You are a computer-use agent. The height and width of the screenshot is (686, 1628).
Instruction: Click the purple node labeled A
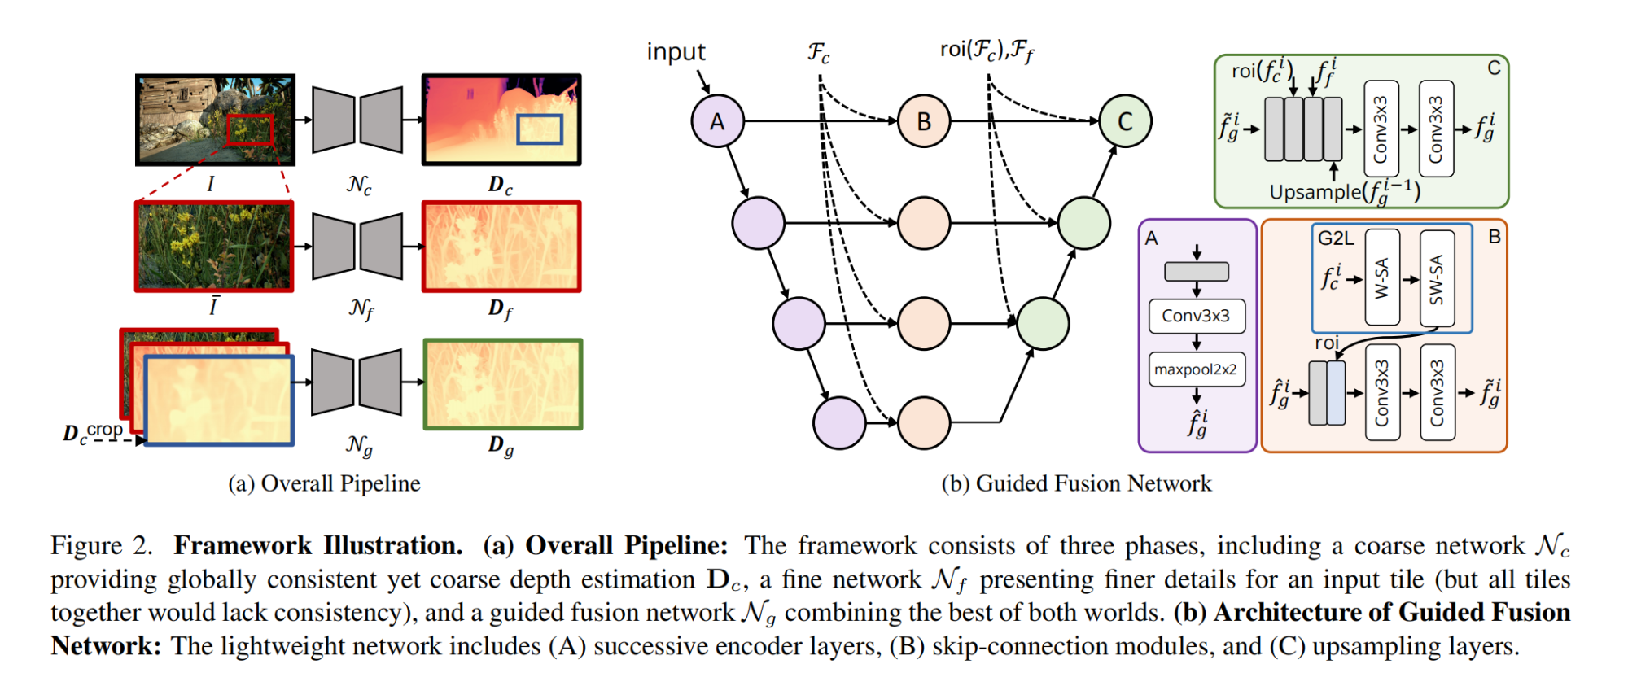[x=717, y=121]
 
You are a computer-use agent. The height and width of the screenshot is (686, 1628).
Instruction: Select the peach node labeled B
[x=924, y=121]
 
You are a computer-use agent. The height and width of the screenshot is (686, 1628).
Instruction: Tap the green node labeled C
[x=1125, y=121]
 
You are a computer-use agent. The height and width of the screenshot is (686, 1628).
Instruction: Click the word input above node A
[x=676, y=52]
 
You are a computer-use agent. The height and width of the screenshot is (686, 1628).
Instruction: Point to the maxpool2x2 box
[x=1197, y=369]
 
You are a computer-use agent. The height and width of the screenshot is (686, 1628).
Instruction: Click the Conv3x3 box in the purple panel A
[x=1197, y=316]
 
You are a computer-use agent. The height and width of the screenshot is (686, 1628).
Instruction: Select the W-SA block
[x=1382, y=277]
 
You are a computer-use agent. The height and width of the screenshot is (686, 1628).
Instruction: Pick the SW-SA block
[x=1437, y=277]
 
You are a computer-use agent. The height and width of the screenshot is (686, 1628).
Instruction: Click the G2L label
[x=1336, y=238]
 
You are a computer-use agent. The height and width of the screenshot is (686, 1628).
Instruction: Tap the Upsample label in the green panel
[x=1315, y=192]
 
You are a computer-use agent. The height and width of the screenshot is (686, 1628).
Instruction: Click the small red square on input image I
[x=250, y=130]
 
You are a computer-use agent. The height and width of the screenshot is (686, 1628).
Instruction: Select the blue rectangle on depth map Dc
[x=540, y=129]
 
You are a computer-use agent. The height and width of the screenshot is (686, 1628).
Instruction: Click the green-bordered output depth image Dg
[x=503, y=384]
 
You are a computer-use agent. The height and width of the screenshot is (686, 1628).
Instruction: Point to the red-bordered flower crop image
[x=214, y=247]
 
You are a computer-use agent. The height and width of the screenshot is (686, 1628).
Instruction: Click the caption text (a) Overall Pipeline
[x=324, y=483]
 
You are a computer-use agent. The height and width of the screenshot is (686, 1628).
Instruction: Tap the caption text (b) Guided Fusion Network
[x=1076, y=483]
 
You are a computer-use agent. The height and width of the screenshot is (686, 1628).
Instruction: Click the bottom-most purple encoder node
[x=839, y=423]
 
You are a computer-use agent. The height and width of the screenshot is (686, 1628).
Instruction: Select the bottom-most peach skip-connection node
[x=924, y=423]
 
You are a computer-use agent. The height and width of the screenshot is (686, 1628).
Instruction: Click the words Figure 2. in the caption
[x=102, y=545]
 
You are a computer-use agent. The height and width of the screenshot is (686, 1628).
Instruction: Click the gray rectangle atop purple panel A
[x=1197, y=271]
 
